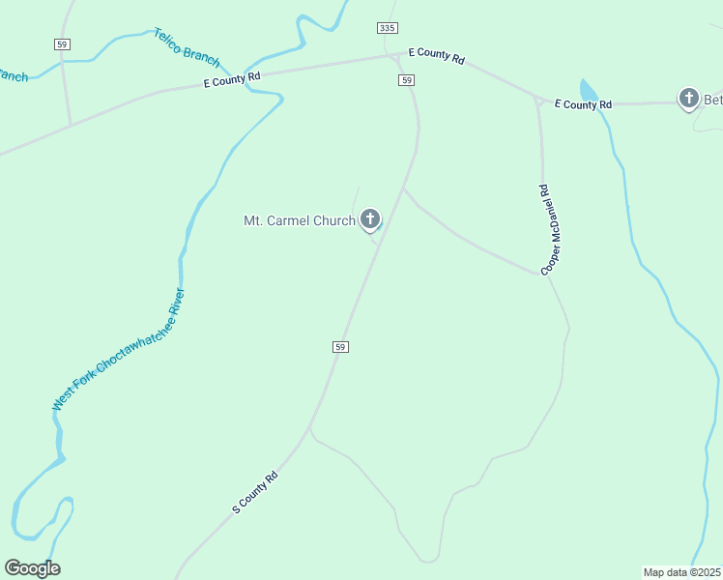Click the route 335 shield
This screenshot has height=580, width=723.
coord(388,28)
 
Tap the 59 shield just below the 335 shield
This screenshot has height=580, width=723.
coord(406,80)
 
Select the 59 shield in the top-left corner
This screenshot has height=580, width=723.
coord(61,43)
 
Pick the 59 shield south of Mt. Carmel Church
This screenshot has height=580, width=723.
coord(340,346)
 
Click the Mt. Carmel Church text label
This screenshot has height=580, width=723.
coord(299,220)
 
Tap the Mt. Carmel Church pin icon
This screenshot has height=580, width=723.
coord(369,219)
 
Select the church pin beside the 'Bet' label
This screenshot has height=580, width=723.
coord(688,98)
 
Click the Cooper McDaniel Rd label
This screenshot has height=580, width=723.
coord(549,230)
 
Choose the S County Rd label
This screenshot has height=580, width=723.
coord(256,491)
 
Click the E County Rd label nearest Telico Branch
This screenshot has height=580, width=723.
coord(232,79)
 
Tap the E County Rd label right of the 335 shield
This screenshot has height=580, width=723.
coord(436,56)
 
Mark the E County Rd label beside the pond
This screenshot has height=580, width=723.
coord(583,103)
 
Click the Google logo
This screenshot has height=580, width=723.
coord(32,568)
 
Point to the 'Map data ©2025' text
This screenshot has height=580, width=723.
coord(681,572)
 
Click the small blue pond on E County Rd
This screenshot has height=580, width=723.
coord(587,90)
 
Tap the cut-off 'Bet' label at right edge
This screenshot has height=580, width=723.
coord(712,100)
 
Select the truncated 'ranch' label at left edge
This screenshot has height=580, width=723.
coord(14,75)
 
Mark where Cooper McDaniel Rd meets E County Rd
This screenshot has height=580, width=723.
coord(538,99)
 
